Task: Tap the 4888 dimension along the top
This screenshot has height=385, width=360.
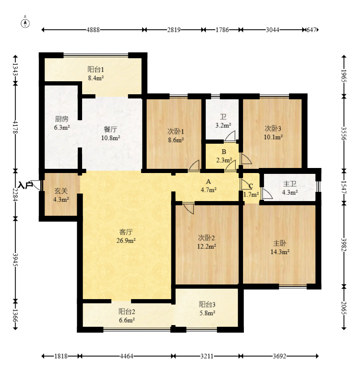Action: pos(93,30)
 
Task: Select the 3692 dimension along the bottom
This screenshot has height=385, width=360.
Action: pos(279,356)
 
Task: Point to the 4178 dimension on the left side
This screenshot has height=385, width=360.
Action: pos(15,127)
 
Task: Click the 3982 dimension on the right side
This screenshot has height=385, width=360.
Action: pos(344,245)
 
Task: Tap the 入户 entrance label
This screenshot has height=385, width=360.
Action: pos(26,185)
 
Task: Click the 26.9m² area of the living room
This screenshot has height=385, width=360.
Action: pos(126,240)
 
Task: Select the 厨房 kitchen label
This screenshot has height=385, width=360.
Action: pos(62,119)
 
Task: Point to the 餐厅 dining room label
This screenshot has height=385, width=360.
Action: pos(110,129)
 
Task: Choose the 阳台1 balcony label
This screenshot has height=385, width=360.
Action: pos(96,70)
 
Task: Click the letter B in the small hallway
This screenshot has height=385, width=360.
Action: pos(224,152)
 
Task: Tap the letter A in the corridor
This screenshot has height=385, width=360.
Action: pos(208,181)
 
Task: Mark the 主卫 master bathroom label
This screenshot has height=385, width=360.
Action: pos(290,183)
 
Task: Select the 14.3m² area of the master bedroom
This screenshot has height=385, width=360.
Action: pos(280,252)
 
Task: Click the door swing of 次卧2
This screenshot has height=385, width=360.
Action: pos(189,208)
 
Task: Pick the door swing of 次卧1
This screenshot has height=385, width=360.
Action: pos(194,165)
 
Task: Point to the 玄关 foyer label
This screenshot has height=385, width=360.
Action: pos(61,191)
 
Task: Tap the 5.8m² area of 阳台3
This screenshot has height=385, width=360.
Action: pos(207,313)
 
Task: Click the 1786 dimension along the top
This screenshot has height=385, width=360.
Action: pos(222,30)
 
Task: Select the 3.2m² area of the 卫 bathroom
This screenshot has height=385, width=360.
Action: pos(223,125)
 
